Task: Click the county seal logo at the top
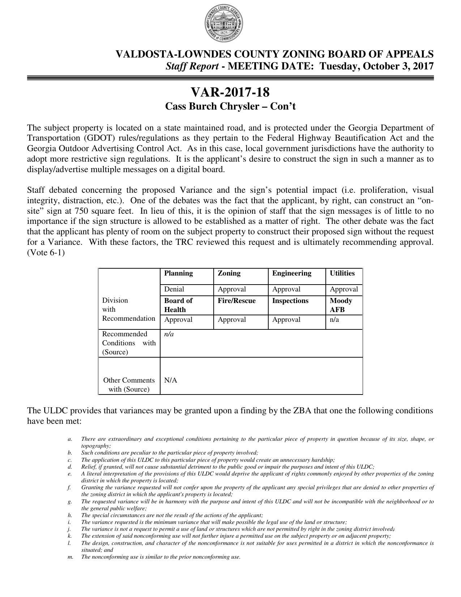click(x=223, y=24)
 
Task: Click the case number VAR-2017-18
click(x=230, y=93)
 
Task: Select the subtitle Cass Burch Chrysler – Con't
click(x=230, y=107)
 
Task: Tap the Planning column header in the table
click(x=178, y=273)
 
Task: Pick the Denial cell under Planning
click(x=174, y=289)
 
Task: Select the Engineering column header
click(x=291, y=273)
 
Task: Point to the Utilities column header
click(x=342, y=273)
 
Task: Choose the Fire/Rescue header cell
click(x=236, y=301)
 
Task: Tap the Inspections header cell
click(x=290, y=301)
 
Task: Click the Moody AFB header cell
click(x=341, y=305)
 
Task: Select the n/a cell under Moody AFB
click(x=334, y=320)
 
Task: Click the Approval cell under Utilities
click(x=343, y=289)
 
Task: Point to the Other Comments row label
click(x=129, y=385)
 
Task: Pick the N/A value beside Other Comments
click(x=170, y=380)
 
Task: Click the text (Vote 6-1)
click(x=46, y=253)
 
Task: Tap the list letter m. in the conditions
click(x=70, y=557)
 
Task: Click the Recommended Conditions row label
click(x=129, y=343)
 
